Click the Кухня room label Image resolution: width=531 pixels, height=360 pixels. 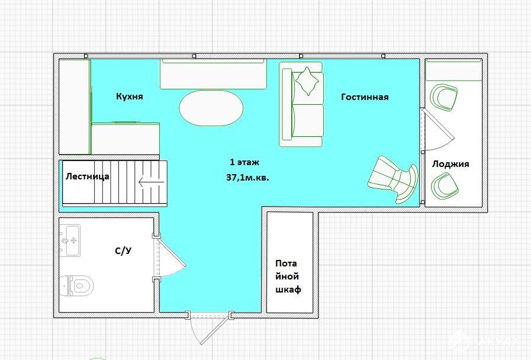tap(130, 97)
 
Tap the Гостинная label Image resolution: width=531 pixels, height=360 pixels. tap(365, 97)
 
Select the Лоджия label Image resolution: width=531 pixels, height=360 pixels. tap(450, 164)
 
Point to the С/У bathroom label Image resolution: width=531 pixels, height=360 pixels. tap(123, 251)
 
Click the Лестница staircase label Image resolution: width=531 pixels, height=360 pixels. tap(88, 176)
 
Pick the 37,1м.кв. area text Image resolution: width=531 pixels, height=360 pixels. tap(247, 178)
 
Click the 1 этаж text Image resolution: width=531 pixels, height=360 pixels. tap(244, 162)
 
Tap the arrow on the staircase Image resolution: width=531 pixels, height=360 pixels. tap(151, 182)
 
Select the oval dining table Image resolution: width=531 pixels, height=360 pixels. tap(211, 108)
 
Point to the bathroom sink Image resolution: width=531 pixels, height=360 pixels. tap(70, 240)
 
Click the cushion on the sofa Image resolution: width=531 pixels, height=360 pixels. tap(307, 81)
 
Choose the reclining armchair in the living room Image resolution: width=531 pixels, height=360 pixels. tap(394, 179)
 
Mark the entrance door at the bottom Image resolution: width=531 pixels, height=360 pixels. tap(211, 328)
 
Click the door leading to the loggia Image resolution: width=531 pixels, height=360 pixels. tap(437, 130)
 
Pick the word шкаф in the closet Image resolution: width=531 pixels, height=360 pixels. tap(288, 290)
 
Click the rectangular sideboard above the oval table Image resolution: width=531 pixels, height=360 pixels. tap(213, 74)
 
